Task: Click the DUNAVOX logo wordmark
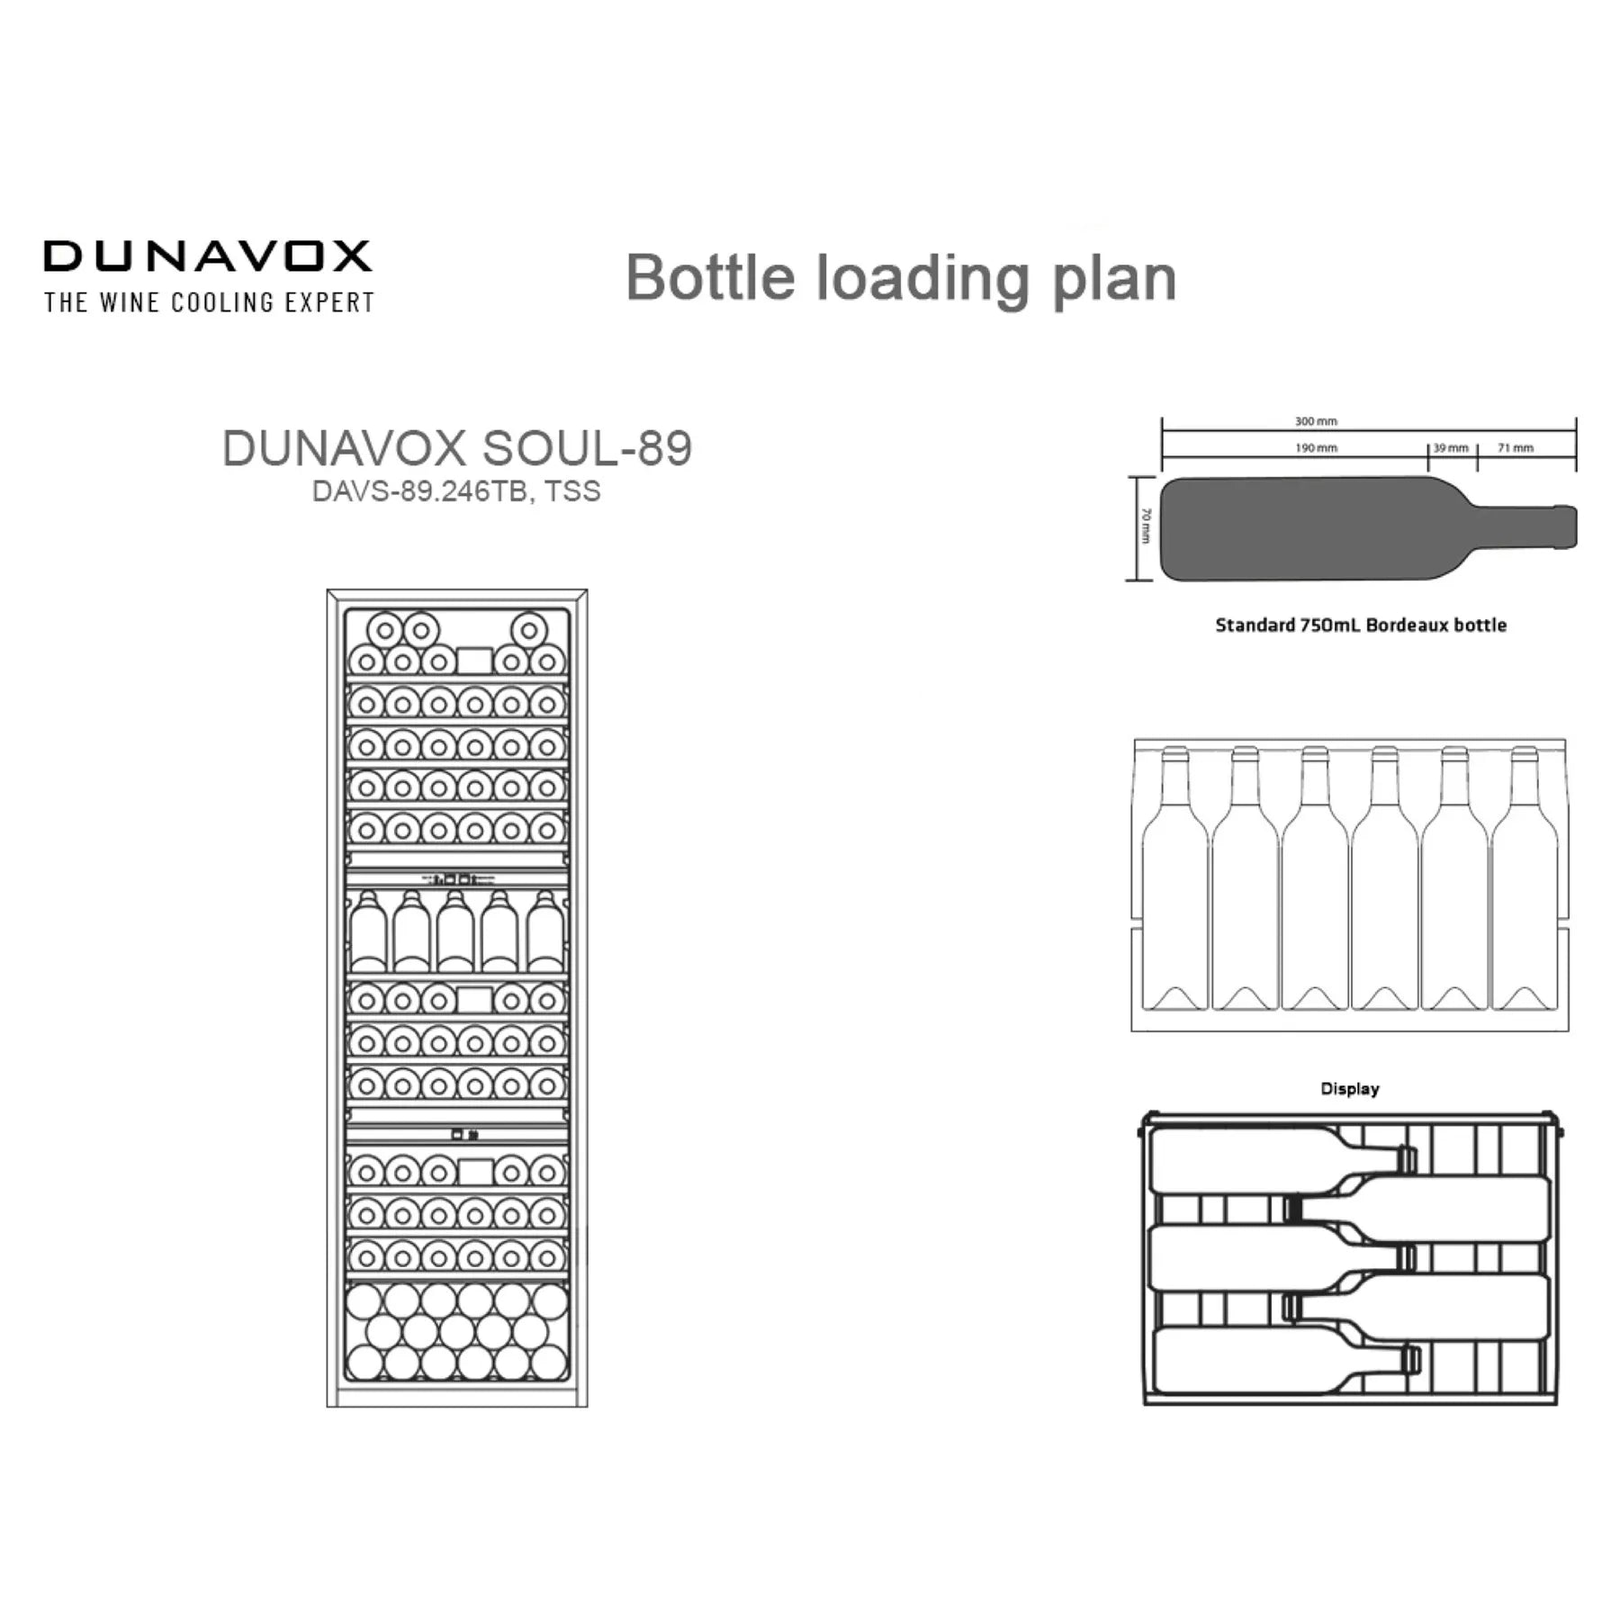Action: click(208, 256)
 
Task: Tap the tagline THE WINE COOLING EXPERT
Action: click(209, 302)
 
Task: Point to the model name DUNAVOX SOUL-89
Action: click(457, 447)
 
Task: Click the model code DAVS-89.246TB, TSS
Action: click(456, 491)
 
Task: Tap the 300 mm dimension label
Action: click(1316, 421)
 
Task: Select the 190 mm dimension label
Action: click(1316, 448)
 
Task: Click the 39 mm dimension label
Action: click(1451, 448)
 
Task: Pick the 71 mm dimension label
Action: click(1516, 448)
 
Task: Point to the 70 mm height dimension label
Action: click(1146, 526)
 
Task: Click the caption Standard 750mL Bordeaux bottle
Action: click(1361, 625)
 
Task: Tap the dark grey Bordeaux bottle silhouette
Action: click(1368, 529)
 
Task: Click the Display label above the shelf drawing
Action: click(1349, 1089)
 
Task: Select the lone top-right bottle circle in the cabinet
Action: click(529, 630)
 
